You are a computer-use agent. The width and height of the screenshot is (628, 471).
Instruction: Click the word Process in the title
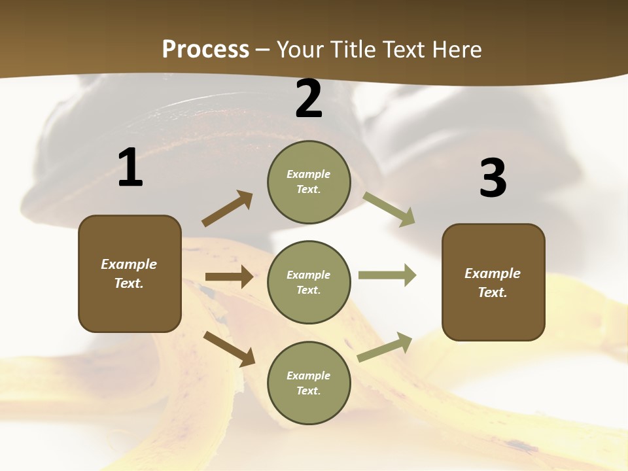coord(205,50)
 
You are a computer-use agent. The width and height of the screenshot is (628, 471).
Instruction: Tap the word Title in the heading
coord(353,50)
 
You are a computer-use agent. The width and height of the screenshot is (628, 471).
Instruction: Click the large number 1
coord(130,168)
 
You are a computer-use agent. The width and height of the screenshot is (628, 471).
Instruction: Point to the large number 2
coord(309,99)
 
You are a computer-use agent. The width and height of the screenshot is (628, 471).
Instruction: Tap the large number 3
coord(493,179)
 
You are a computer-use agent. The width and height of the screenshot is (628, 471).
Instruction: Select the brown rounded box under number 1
coord(130,273)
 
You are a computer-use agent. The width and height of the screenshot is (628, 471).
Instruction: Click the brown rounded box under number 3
coord(493,282)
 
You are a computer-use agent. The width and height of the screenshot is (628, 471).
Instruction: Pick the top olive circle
coord(309,181)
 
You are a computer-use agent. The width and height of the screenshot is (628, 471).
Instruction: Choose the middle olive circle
coord(309,282)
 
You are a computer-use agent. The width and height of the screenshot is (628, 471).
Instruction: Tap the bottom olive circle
coord(309,383)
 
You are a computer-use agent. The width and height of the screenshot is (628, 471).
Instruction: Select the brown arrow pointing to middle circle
coord(229,277)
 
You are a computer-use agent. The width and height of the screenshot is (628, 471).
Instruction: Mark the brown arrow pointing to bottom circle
coord(229,349)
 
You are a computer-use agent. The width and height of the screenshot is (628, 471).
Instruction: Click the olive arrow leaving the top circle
coord(389,209)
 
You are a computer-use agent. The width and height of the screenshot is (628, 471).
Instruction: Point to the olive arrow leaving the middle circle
coord(387,275)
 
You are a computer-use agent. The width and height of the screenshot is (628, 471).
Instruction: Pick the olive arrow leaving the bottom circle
coord(385,347)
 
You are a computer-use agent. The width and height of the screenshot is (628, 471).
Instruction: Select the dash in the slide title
coord(262,50)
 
